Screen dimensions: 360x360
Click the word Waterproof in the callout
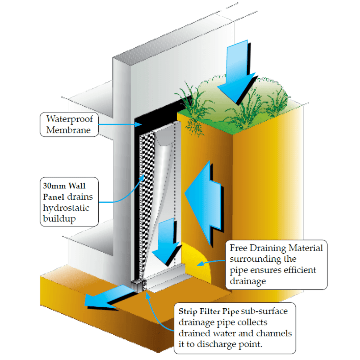(69, 119)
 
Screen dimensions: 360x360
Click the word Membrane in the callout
(68, 130)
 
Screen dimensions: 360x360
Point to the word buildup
(59, 218)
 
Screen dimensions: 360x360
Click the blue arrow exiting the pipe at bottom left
(105, 297)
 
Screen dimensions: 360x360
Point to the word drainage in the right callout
(246, 281)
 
